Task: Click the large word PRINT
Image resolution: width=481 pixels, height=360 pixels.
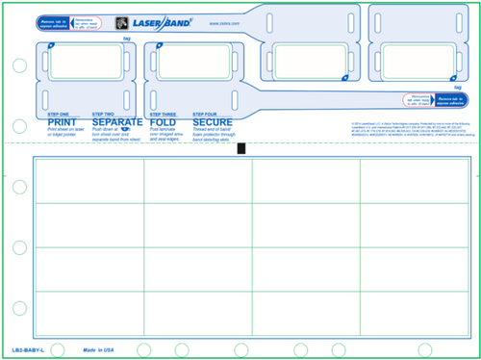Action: [63, 123]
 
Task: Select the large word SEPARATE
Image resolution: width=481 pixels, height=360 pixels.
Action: [117, 123]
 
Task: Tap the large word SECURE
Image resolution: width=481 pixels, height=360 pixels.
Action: [213, 123]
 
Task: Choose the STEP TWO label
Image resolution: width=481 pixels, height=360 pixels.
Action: [104, 115]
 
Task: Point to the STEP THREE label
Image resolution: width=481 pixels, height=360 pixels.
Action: [163, 115]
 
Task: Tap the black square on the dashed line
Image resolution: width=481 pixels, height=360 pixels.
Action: [240, 147]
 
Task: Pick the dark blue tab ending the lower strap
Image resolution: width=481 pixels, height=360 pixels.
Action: [451, 99]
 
